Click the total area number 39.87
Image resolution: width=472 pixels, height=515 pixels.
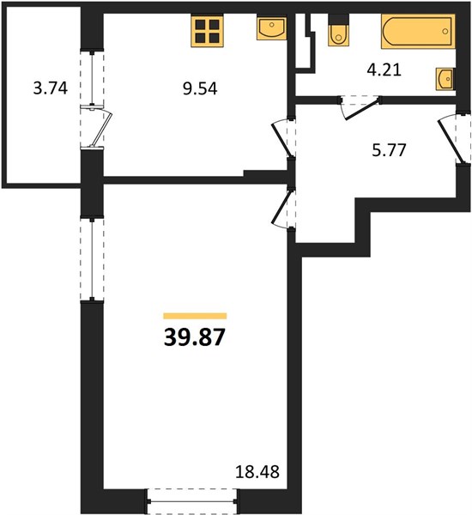click(x=195, y=337)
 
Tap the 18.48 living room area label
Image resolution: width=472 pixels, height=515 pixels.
click(x=257, y=471)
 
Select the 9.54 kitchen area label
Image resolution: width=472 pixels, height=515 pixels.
click(x=200, y=88)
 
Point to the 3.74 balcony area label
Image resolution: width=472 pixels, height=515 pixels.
click(x=51, y=88)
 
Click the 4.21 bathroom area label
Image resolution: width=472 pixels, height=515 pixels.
click(x=384, y=70)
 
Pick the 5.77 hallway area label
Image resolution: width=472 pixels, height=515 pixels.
click(x=390, y=150)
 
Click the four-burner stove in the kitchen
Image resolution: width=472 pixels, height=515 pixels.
click(x=207, y=31)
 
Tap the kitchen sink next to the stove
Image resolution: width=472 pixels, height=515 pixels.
click(x=271, y=28)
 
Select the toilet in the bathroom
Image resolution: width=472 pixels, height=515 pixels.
click(x=338, y=31)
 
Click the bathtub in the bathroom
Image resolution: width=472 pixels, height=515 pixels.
click(x=418, y=32)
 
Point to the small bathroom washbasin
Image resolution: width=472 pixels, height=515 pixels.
click(x=445, y=79)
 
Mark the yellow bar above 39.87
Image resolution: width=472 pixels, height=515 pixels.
click(x=195, y=316)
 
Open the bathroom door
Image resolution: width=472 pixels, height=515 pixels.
click(x=360, y=108)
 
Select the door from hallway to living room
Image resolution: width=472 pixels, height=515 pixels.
click(x=283, y=208)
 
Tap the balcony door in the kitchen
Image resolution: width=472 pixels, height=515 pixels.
click(x=97, y=126)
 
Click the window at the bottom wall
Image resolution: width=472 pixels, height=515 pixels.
click(x=192, y=501)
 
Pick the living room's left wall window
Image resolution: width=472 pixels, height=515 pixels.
click(x=93, y=258)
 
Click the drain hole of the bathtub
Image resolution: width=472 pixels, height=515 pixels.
click(x=445, y=32)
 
